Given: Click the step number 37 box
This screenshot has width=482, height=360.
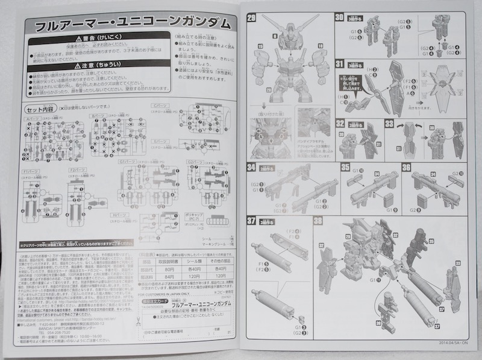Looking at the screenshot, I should [x=252, y=220].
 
